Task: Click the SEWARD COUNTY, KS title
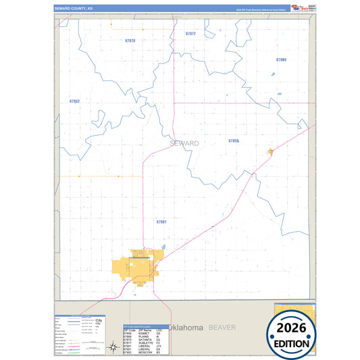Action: click(74, 8)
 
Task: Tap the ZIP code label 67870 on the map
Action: click(130, 41)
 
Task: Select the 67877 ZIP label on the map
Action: click(190, 33)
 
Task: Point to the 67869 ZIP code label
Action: click(281, 60)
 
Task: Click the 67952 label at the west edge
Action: click(74, 101)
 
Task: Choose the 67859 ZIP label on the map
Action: click(234, 140)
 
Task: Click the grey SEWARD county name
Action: click(184, 143)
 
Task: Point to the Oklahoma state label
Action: click(186, 328)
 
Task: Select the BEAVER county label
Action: click(222, 328)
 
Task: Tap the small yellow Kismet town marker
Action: click(270, 152)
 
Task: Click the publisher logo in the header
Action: click(295, 7)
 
